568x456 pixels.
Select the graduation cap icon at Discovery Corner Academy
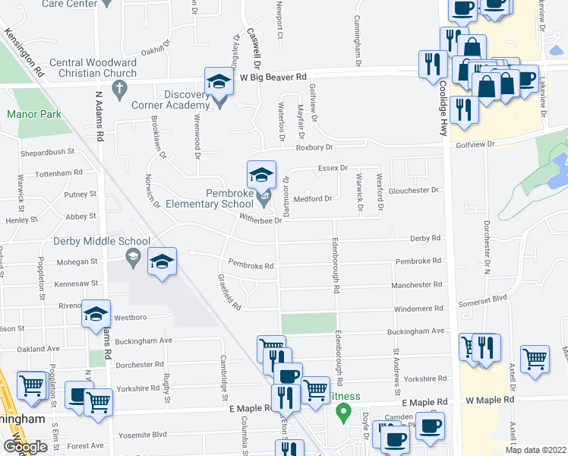tap(219, 82)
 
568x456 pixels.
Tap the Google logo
tap(25, 446)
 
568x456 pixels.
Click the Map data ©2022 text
tap(535, 450)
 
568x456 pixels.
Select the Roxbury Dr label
tap(314, 147)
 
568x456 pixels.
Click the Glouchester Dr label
tap(414, 190)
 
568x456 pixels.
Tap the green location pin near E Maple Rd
tap(343, 413)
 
